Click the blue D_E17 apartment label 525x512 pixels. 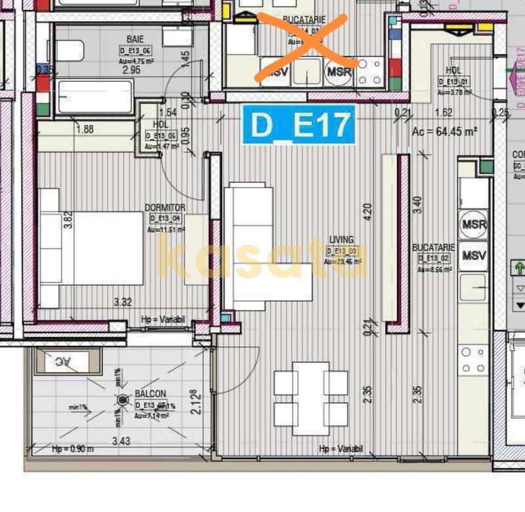tap(299, 125)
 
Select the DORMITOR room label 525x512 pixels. tap(165, 208)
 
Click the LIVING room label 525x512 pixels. tap(342, 240)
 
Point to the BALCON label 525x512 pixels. tap(150, 394)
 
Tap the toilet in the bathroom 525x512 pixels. tap(70, 50)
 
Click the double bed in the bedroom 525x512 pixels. tap(92, 248)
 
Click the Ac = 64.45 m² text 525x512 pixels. tap(444, 131)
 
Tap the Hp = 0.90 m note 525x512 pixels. tap(73, 449)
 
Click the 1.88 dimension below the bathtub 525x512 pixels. tap(84, 129)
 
